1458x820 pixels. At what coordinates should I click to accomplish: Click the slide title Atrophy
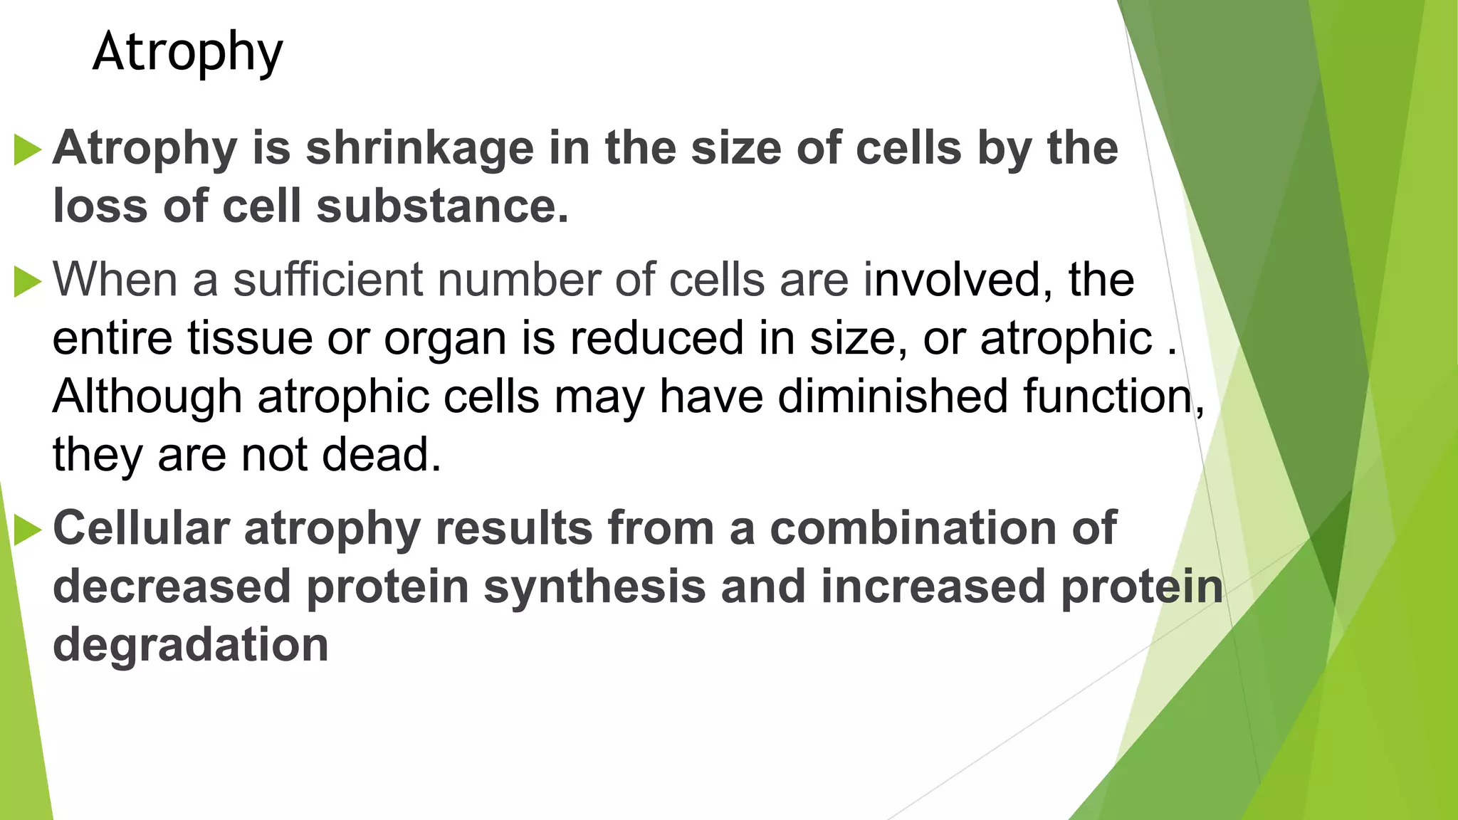[188, 53]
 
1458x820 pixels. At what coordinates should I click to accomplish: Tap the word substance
[442, 206]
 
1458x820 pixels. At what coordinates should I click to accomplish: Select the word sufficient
[328, 279]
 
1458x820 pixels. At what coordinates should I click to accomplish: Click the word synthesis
[594, 588]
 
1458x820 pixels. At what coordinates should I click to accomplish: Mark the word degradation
[190, 645]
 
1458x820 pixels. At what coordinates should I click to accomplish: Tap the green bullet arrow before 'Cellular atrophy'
[28, 530]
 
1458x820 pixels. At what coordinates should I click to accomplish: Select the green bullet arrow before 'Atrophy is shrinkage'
[28, 150]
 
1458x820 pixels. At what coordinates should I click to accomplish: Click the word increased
[933, 587]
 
